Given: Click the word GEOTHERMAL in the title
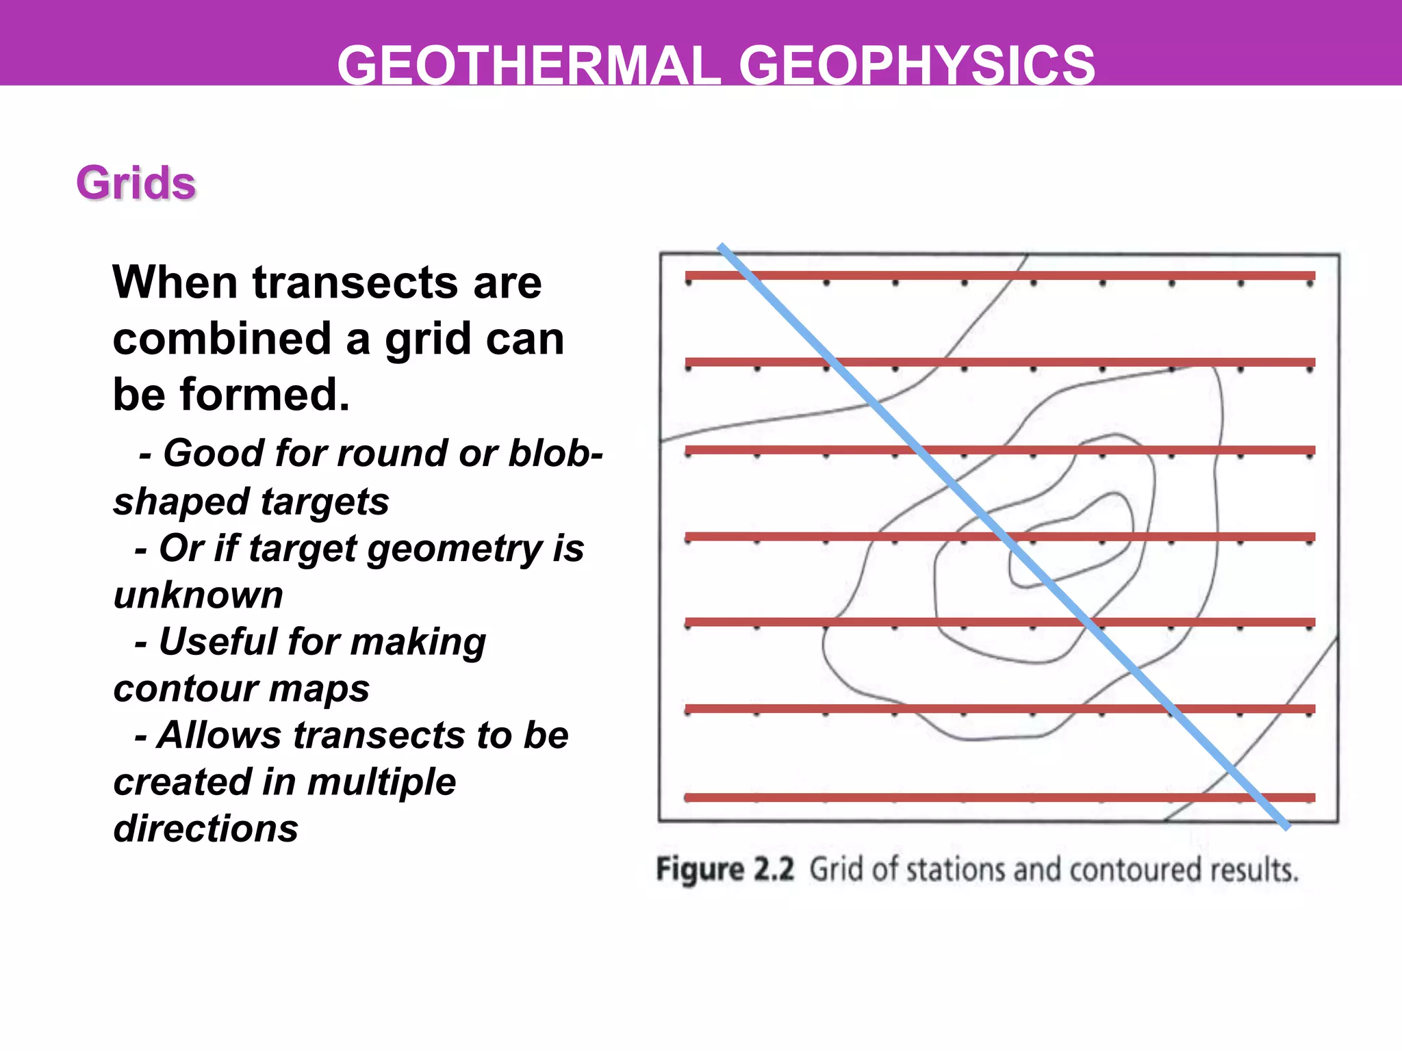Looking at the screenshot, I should click(528, 66).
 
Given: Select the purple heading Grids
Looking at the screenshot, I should click(136, 183).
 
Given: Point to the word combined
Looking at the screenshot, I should click(222, 339).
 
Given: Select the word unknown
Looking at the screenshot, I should click(199, 595).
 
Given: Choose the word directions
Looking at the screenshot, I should click(206, 829).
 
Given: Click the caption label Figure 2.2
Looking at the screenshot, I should click(725, 870).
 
